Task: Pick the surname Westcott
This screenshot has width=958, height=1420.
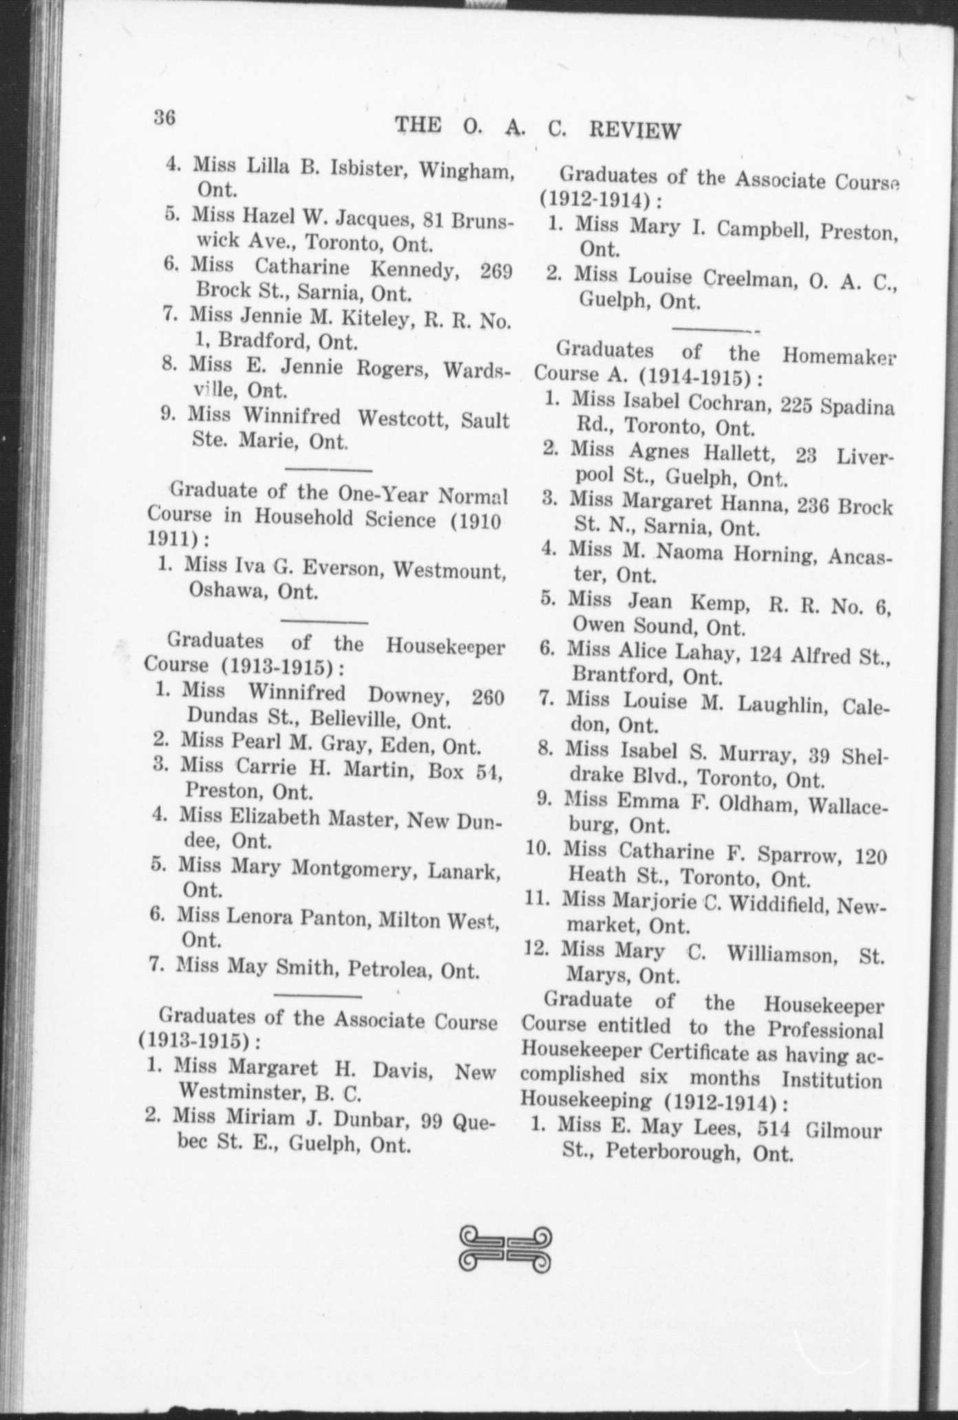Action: pos(403,418)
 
